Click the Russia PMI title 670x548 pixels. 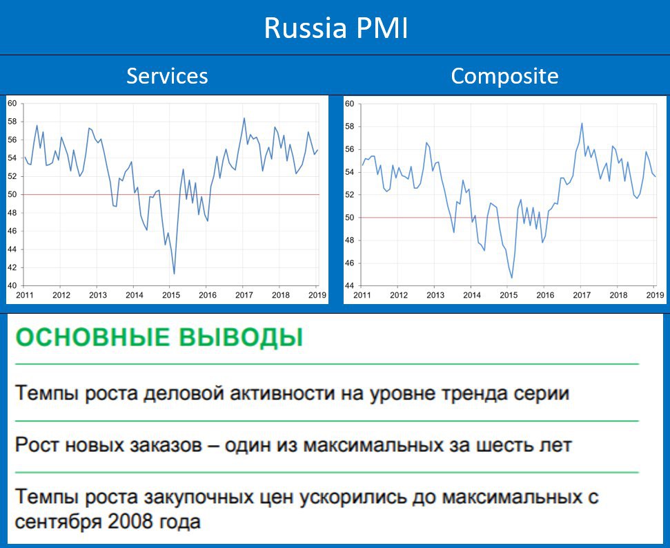[x=336, y=28]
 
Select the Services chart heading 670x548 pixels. [x=167, y=76]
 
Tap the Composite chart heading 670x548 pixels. [x=504, y=76]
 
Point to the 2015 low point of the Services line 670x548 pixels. [x=174, y=274]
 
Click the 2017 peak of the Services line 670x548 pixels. [x=244, y=118]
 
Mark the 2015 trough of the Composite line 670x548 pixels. [x=511, y=278]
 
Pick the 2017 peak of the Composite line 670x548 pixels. [x=582, y=123]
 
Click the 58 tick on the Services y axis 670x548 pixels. [x=12, y=122]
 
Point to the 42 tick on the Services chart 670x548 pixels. [x=12, y=268]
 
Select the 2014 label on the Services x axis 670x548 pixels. [x=134, y=295]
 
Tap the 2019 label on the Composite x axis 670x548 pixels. [x=655, y=295]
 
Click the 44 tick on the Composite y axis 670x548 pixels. [x=350, y=286]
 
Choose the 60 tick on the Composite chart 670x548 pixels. [x=350, y=104]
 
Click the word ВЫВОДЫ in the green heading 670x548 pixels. [x=241, y=337]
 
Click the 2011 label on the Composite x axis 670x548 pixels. [x=362, y=295]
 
